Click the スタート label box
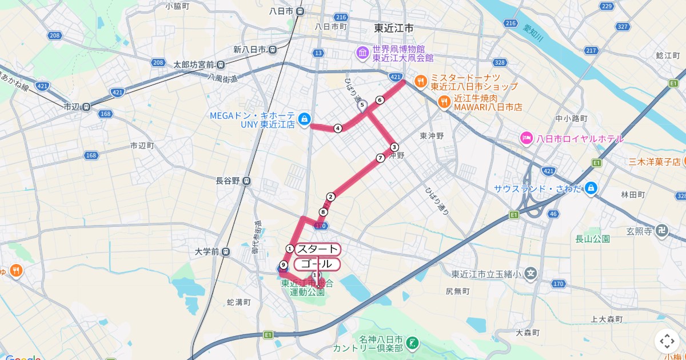(317, 249)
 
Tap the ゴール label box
(317, 264)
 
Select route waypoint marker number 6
(380, 100)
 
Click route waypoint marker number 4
(338, 128)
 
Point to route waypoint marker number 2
(330, 197)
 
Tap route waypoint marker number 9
(283, 264)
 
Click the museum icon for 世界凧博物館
(362, 53)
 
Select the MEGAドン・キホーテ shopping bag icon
(305, 118)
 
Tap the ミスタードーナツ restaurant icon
(420, 81)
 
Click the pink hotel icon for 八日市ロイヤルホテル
(526, 138)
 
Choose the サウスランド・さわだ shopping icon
(591, 187)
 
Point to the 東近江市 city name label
(394, 28)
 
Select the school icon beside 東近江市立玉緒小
(531, 273)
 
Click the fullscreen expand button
(667, 341)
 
